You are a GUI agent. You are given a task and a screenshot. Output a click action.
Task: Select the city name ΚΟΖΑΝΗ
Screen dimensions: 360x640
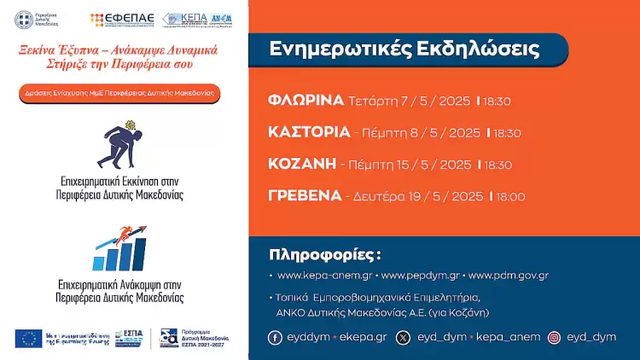pyautogui.click(x=300, y=164)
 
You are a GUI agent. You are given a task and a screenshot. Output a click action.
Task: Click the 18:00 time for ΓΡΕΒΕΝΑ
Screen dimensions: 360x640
pyautogui.click(x=509, y=197)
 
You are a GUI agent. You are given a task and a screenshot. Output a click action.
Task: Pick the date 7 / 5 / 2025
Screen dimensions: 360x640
pyautogui.click(x=436, y=102)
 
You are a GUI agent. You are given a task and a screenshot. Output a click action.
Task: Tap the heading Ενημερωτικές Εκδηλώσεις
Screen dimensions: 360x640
pyautogui.click(x=404, y=49)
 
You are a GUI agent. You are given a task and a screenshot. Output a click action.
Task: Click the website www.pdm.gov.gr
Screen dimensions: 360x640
pyautogui.click(x=509, y=276)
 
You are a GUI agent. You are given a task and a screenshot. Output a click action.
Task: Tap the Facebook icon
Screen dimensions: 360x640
pyautogui.click(x=275, y=338)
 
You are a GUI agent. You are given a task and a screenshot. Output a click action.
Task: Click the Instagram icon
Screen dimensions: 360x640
pyautogui.click(x=555, y=338)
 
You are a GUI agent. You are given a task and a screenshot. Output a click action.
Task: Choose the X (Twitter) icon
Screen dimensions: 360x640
pyautogui.click(x=403, y=338)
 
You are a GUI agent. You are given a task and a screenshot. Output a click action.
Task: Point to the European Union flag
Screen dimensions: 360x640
pyautogui.click(x=28, y=338)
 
